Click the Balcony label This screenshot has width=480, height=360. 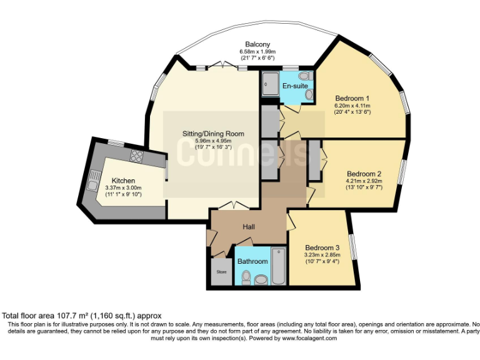(257, 44)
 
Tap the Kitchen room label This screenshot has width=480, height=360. (123, 181)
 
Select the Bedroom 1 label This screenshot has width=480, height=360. (352, 99)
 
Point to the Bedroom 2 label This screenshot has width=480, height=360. (364, 174)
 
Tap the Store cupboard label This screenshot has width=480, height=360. (221, 272)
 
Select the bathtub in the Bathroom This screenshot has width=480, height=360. (279, 267)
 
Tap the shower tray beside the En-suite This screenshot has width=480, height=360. (271, 83)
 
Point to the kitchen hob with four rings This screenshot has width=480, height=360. (137, 156)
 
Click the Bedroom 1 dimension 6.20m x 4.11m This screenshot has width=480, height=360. (352, 106)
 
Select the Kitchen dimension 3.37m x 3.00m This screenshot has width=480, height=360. (123, 188)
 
